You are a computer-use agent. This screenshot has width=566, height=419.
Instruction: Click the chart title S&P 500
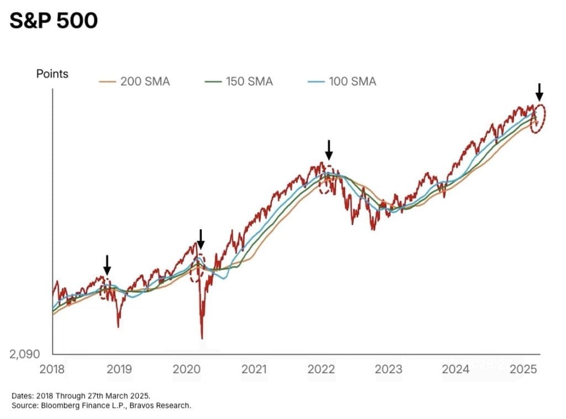tap(53, 21)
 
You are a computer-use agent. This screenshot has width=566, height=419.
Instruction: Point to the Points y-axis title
tap(53, 73)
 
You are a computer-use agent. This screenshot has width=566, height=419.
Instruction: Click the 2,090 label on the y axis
tap(24, 354)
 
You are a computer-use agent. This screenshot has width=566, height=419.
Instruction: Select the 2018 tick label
tap(53, 369)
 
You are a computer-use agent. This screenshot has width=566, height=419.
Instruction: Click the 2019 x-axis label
tap(119, 369)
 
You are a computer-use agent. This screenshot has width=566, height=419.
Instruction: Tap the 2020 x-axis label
tap(186, 369)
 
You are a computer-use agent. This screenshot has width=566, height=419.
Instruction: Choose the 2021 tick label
tap(254, 369)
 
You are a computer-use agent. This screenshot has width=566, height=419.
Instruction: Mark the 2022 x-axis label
tap(321, 369)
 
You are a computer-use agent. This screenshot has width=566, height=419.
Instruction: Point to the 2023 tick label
tap(389, 369)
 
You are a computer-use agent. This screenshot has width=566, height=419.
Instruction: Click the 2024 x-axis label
tap(456, 369)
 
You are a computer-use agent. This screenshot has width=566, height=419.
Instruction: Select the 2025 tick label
tap(524, 369)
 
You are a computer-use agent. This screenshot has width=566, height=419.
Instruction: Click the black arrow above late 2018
tap(107, 265)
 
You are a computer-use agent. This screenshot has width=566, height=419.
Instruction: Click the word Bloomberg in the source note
tap(58, 406)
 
